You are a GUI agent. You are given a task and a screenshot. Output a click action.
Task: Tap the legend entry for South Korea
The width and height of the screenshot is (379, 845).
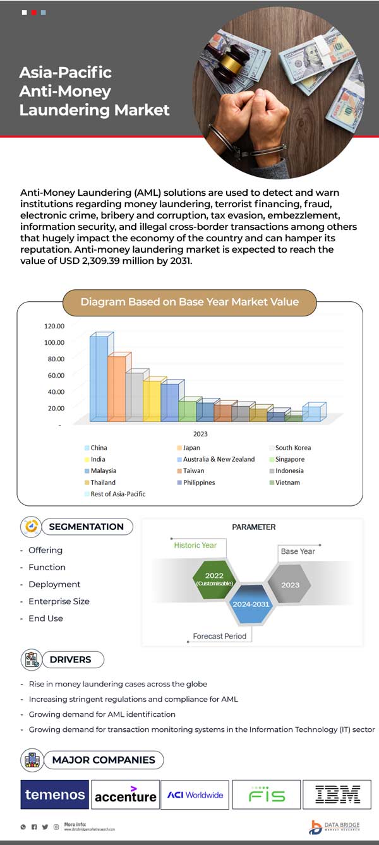tap(292, 448)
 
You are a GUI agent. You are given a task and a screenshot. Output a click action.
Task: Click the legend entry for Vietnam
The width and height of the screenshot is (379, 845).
tap(287, 482)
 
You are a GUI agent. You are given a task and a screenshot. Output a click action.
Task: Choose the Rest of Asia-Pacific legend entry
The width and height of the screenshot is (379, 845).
tap(117, 494)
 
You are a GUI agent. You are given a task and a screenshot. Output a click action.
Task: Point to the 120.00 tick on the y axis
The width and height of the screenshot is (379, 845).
tap(54, 326)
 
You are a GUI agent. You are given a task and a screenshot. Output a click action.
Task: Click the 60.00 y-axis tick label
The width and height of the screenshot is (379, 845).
tap(54, 375)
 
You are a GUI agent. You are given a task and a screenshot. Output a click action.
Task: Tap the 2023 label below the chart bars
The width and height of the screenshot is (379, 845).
tap(200, 434)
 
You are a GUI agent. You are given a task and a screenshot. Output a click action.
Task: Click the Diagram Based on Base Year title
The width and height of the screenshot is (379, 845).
tap(189, 302)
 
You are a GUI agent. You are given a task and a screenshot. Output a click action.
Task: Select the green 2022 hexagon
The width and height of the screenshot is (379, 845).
tap(214, 577)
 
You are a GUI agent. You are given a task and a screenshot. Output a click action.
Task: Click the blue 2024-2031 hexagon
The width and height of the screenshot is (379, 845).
tap(251, 604)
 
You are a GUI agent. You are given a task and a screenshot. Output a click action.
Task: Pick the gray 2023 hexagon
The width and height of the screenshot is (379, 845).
tap(290, 584)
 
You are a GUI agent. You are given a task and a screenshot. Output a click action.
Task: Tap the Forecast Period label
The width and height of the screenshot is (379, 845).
tap(219, 636)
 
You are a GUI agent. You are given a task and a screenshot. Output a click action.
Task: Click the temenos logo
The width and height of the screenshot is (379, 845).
tap(55, 794)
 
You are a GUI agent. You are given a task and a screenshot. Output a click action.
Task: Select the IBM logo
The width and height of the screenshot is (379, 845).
tap(337, 794)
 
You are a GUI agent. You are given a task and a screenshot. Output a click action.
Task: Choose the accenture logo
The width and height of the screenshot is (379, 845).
tap(125, 795)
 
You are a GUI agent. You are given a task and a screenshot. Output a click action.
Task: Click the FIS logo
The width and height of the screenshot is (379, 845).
tap(265, 794)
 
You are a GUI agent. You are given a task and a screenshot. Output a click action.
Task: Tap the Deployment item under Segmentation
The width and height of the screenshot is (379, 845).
tap(54, 584)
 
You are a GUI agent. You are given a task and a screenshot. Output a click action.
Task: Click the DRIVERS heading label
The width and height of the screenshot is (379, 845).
tap(70, 659)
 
